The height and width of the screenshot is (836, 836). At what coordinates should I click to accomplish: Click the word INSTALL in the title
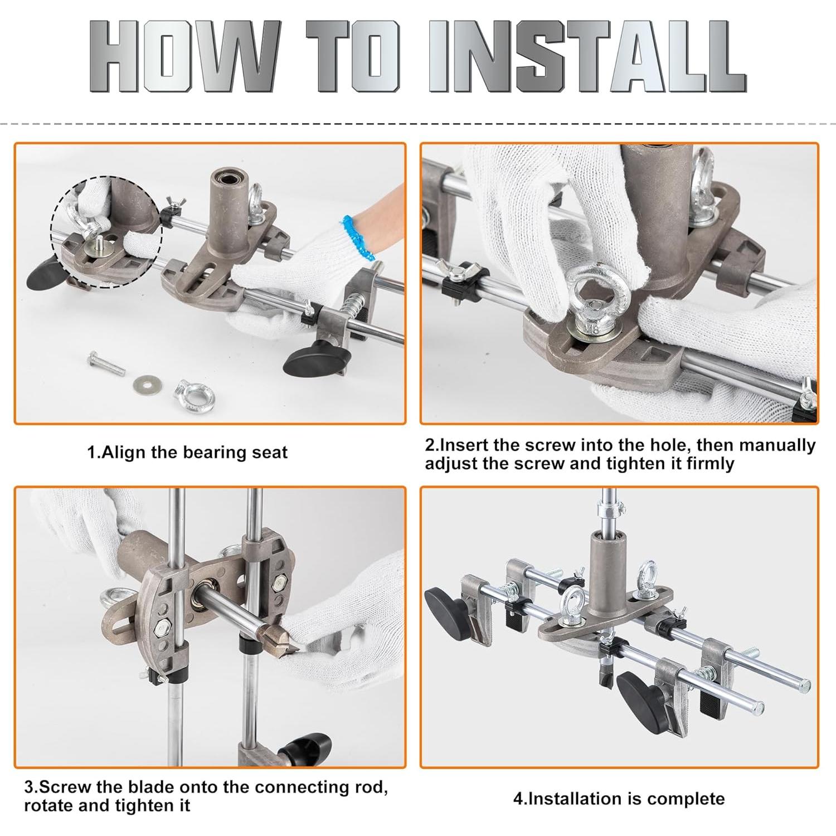click(588, 57)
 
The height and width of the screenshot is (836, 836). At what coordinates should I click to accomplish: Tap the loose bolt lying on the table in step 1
click(106, 364)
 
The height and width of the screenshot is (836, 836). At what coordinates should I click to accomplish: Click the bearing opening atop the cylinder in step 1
click(227, 180)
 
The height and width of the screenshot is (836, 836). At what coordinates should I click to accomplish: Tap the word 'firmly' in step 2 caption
click(708, 464)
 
